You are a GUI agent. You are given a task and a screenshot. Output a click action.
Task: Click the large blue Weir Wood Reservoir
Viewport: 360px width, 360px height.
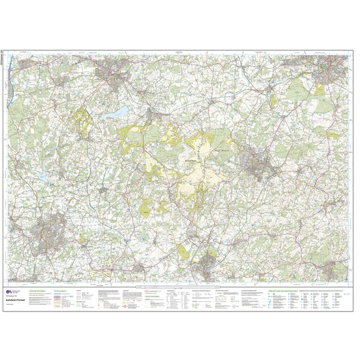(x=118, y=113)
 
